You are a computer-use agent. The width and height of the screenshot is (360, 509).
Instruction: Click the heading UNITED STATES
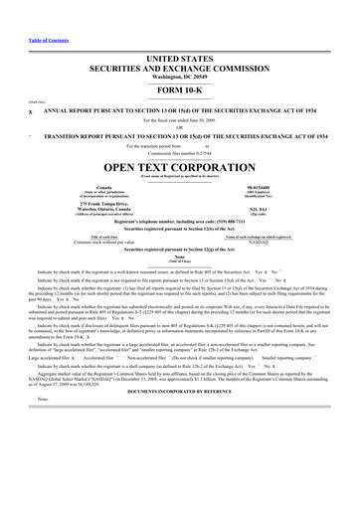click(x=180, y=32)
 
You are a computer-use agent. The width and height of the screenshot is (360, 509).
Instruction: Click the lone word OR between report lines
click(x=180, y=98)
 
